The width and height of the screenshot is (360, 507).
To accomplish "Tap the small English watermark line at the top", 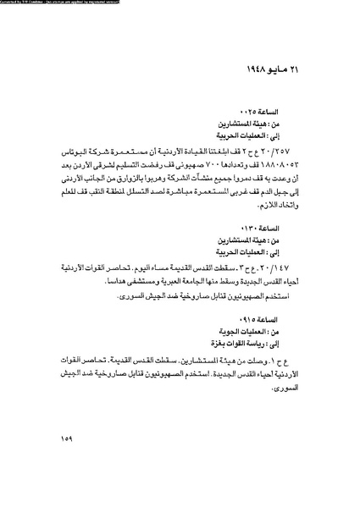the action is pyautogui.click(x=68, y=3).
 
